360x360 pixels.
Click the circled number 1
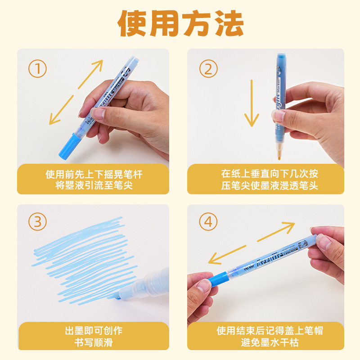tap(37, 69)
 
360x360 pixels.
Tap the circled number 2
tap(208, 69)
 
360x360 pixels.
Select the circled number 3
tap(37, 222)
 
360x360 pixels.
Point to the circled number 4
tap(208, 222)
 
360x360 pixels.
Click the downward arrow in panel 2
tap(252, 103)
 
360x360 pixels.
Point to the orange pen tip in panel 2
tap(279, 151)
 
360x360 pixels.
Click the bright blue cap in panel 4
tap(218, 279)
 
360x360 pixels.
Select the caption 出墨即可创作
tap(94, 331)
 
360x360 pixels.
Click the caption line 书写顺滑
tap(94, 343)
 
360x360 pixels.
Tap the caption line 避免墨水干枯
tap(270, 343)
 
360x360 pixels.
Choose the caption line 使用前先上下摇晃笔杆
tap(94, 174)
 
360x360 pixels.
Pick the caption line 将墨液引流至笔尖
tap(94, 185)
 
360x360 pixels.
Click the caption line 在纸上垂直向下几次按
tap(270, 174)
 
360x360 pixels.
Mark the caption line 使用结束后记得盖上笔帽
tap(270, 331)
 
